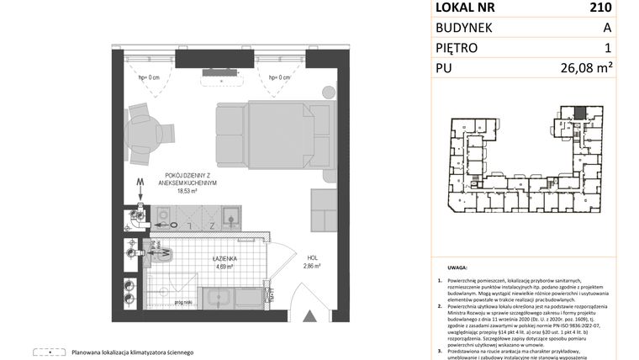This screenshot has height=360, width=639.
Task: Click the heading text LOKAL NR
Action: coord(464,8)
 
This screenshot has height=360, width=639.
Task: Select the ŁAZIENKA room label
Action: coord(206,257)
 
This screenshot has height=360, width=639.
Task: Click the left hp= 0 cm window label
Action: coord(150,78)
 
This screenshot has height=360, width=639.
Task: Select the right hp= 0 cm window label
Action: coord(279,78)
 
